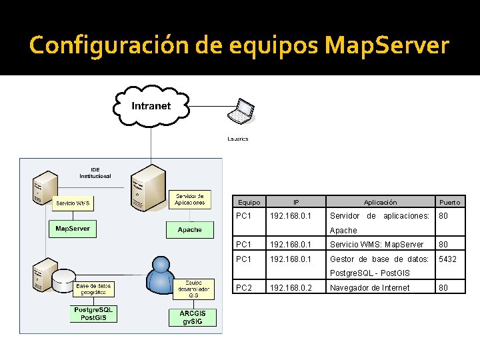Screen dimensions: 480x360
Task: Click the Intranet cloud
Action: click(x=151, y=106)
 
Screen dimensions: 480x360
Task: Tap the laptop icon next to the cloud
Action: click(x=241, y=111)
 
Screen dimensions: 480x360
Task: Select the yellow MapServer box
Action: click(x=72, y=229)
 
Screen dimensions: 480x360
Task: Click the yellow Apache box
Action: click(x=190, y=230)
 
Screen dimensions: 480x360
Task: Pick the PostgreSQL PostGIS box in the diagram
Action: click(x=94, y=314)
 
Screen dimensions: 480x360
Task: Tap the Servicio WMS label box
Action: click(x=73, y=202)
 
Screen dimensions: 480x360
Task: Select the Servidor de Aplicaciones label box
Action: click(x=190, y=199)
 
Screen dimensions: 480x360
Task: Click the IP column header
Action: click(x=296, y=202)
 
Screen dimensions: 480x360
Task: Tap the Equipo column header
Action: click(x=249, y=202)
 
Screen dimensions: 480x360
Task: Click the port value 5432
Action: click(x=447, y=259)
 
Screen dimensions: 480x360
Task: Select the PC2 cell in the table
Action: click(x=243, y=288)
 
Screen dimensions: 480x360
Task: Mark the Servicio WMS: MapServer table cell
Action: click(x=377, y=245)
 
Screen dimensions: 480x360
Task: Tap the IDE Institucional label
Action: click(x=95, y=173)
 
